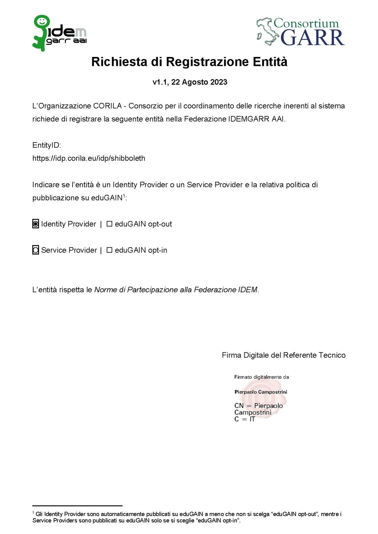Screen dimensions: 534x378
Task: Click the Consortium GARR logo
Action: (301, 32)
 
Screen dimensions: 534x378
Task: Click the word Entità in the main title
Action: (270, 62)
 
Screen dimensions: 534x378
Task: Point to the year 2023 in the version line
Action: (219, 82)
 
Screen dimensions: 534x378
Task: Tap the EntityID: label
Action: (47, 145)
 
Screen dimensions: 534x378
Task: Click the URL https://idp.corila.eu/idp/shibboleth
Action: (89, 158)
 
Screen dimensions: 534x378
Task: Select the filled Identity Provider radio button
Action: (36, 224)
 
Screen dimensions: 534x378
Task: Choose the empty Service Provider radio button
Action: (36, 250)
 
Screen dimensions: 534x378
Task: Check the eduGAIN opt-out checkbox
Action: (109, 224)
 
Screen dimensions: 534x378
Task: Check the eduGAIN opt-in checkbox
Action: (109, 250)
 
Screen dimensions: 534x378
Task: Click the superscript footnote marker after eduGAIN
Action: (124, 196)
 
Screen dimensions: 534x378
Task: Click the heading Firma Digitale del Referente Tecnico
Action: (283, 355)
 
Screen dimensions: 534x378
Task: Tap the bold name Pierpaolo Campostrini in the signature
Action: (261, 392)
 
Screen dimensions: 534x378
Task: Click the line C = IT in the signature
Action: (244, 419)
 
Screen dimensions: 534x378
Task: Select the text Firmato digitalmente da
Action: (261, 377)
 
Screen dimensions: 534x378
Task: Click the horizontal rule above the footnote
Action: (77, 506)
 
